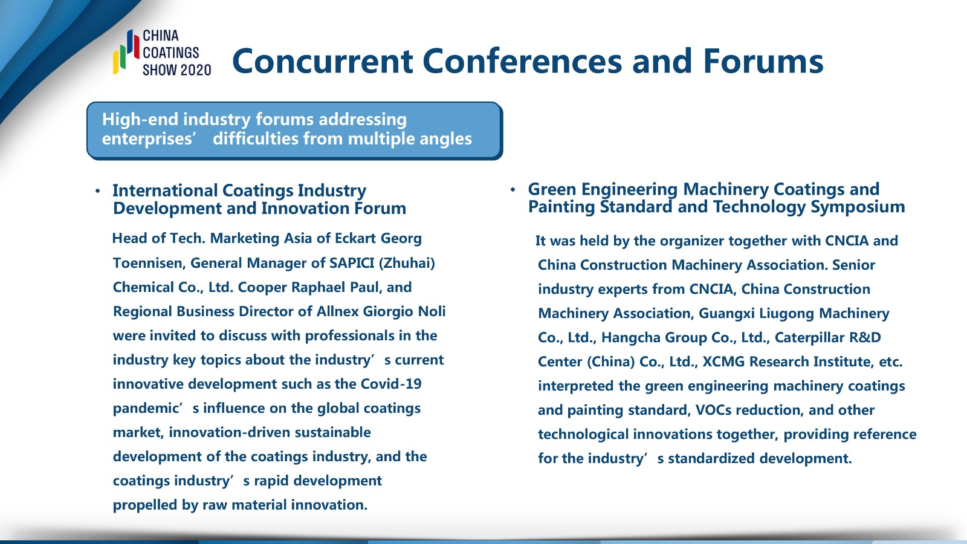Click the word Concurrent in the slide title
tap(323, 61)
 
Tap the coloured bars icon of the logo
tap(126, 52)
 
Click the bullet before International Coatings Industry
tap(98, 191)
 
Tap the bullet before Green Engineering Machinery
tap(513, 190)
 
